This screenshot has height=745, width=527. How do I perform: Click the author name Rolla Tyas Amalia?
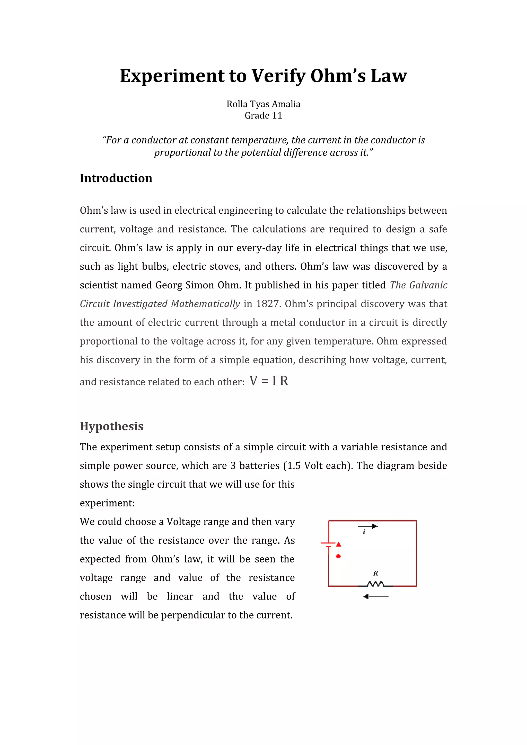tap(263, 104)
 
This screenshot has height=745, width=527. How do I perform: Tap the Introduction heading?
tap(116, 178)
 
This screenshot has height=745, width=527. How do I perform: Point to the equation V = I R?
tap(269, 381)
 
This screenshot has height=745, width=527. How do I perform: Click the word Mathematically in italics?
tap(206, 304)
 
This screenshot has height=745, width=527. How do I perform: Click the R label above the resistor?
tap(376, 573)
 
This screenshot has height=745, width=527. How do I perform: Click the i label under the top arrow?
tap(364, 532)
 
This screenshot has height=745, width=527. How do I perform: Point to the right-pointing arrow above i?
tap(368, 526)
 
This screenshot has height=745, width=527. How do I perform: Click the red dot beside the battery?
tap(338, 556)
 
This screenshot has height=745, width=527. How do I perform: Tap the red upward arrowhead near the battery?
tap(338, 544)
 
